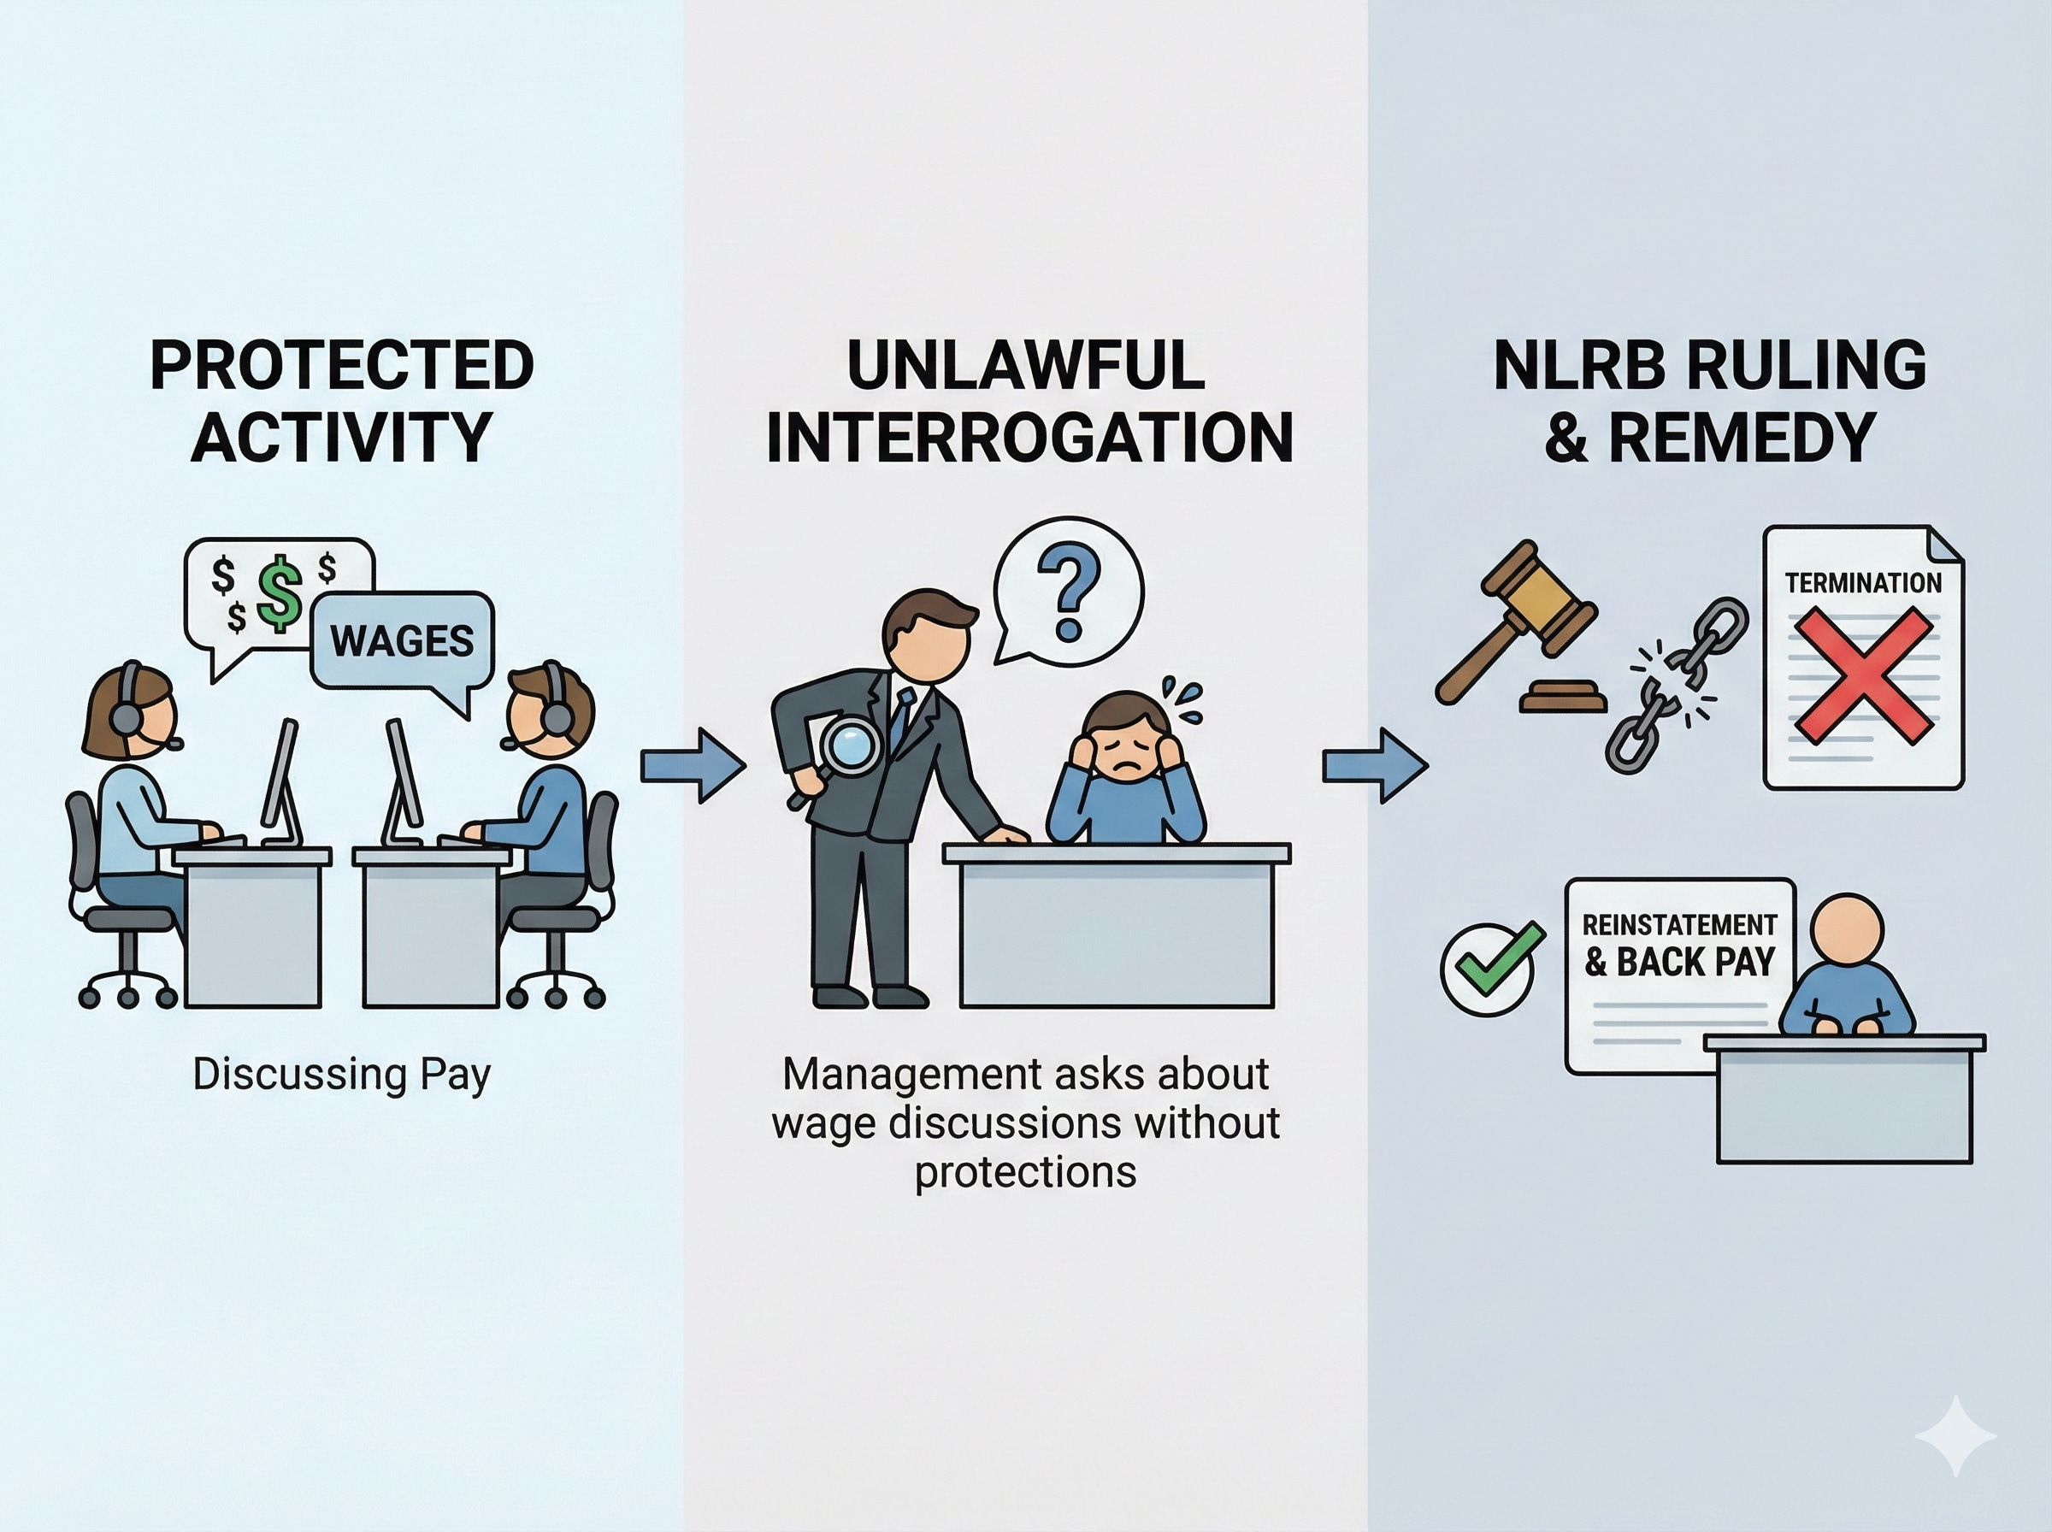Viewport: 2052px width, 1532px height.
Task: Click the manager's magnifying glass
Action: pyautogui.click(x=850, y=746)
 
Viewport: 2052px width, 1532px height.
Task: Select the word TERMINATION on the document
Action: pyautogui.click(x=1863, y=583)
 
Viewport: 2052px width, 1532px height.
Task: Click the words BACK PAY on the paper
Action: pyautogui.click(x=1695, y=962)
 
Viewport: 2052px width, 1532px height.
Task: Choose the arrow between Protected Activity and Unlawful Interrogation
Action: pyautogui.click(x=693, y=766)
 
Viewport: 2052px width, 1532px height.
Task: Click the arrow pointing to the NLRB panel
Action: pyautogui.click(x=1374, y=766)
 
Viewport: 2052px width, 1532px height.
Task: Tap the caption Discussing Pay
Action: pyautogui.click(x=341, y=1075)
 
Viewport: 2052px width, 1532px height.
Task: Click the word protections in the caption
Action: pyautogui.click(x=1025, y=1172)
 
